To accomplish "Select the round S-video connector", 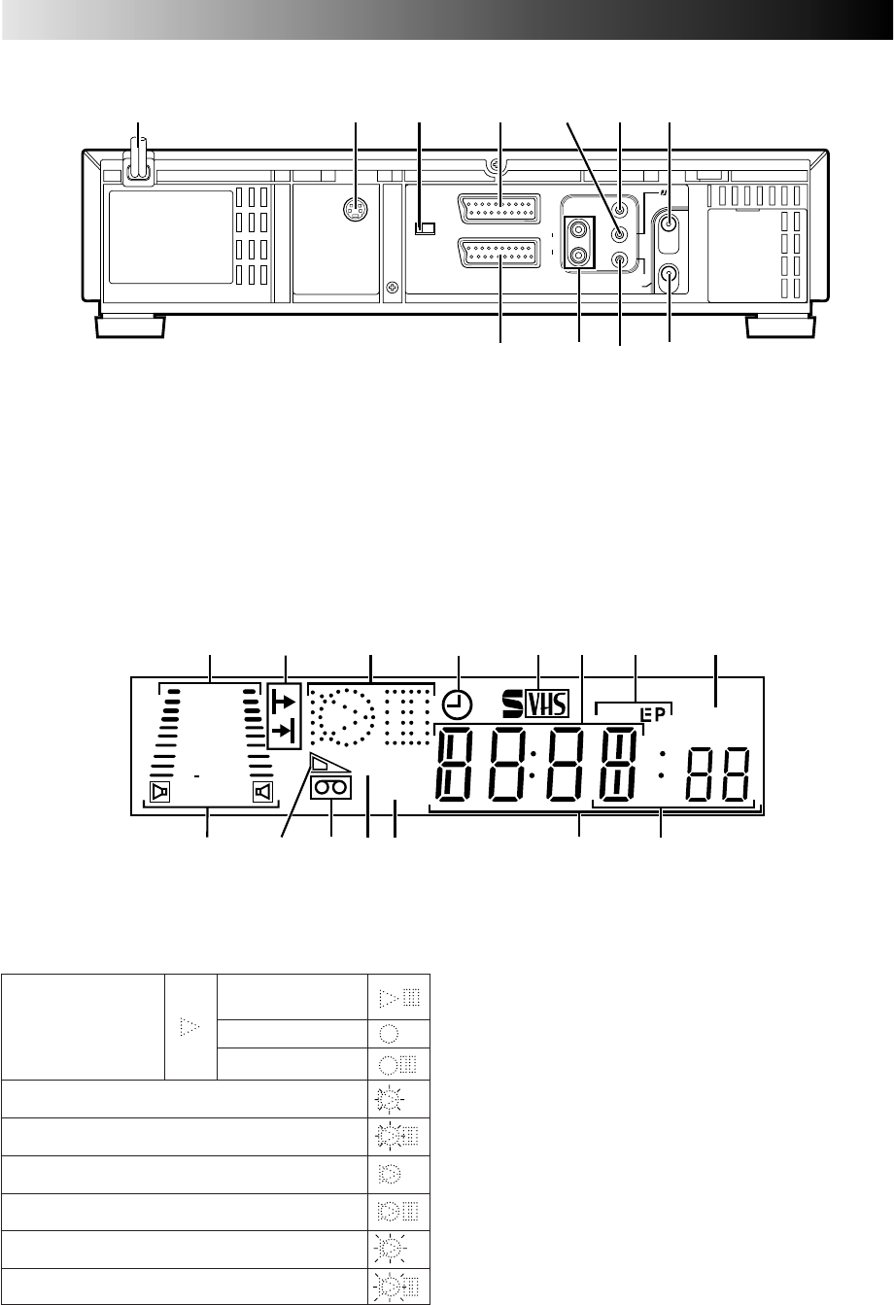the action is pos(356,210).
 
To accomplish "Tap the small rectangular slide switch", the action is pos(425,229).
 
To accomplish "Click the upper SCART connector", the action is pos(499,208).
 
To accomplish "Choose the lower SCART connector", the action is pos(499,253).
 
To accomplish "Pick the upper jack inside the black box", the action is pos(579,230).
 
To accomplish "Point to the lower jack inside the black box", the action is pos(579,256).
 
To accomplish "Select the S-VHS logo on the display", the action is pos(535,704).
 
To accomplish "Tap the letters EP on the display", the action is pos(653,715).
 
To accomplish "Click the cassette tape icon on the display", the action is pos(331,788).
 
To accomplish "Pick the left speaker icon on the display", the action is pos(159,792).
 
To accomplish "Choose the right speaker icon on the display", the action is pos(262,792).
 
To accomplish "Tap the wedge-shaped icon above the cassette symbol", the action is pos(329,764).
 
